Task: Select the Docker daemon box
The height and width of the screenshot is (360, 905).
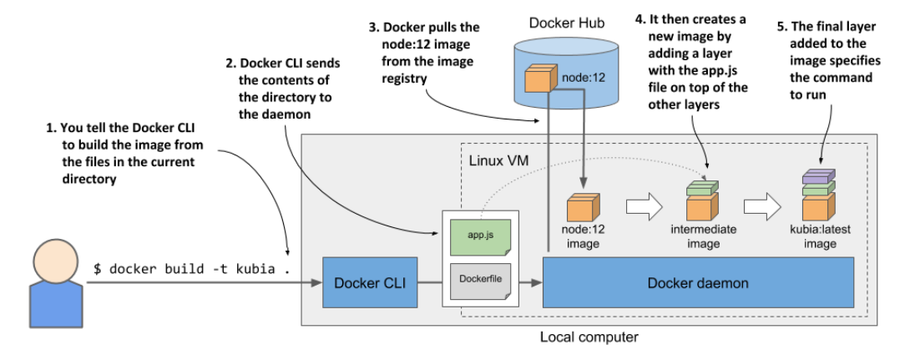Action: (x=698, y=283)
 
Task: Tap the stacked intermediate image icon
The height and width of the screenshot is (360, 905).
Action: (x=700, y=200)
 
